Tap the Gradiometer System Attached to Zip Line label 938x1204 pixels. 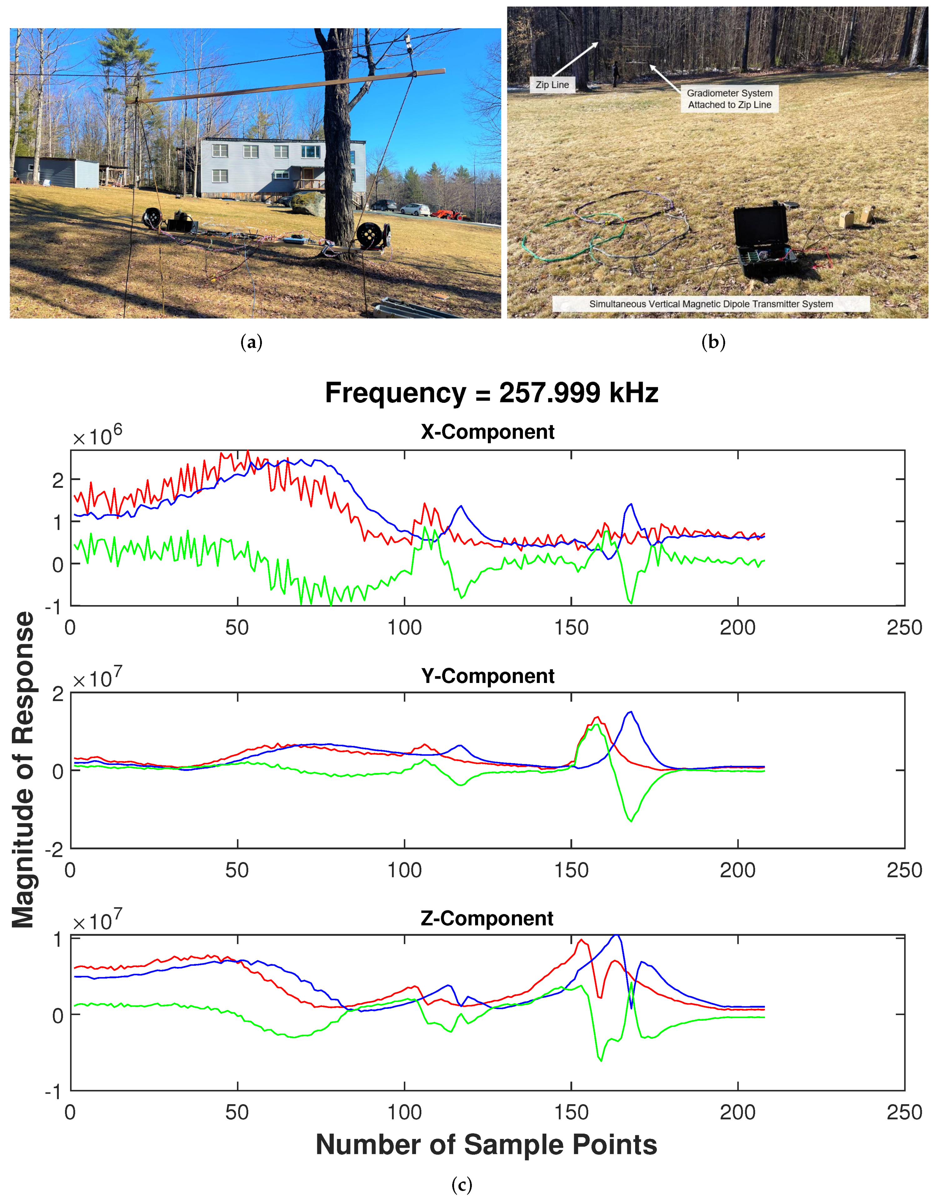(729, 99)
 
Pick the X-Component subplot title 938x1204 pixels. (487, 432)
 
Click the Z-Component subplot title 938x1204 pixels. (487, 918)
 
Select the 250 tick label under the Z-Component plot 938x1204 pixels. (904, 1112)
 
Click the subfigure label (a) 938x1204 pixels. (252, 343)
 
